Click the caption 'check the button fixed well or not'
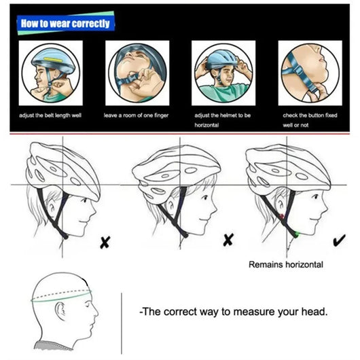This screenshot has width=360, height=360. tap(310, 120)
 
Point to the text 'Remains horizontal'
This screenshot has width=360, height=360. tap(285, 264)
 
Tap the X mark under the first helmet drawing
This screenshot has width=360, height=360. tap(105, 241)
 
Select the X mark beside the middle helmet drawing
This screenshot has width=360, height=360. tap(229, 239)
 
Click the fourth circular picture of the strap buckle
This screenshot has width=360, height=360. tap(309, 72)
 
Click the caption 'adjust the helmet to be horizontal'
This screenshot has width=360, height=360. tap(223, 120)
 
